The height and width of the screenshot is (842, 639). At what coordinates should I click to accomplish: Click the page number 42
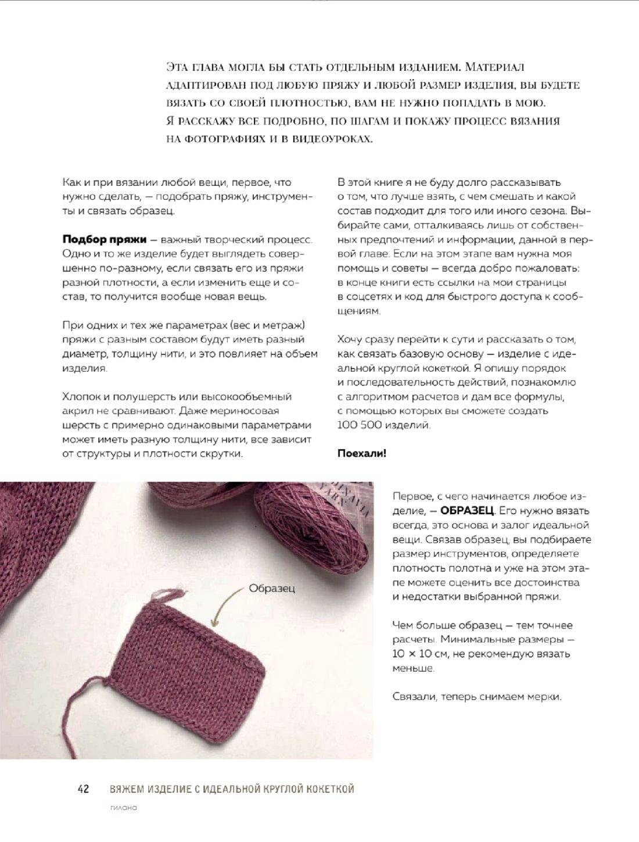point(82,789)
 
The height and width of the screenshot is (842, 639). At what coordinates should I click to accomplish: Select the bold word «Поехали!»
point(361,453)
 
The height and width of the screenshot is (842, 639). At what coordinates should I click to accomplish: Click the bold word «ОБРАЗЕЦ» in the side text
point(467,511)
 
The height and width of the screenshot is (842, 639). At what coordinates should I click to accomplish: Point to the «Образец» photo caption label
point(272,588)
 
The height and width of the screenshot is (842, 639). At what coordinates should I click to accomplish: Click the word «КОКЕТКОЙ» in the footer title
point(328,789)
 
